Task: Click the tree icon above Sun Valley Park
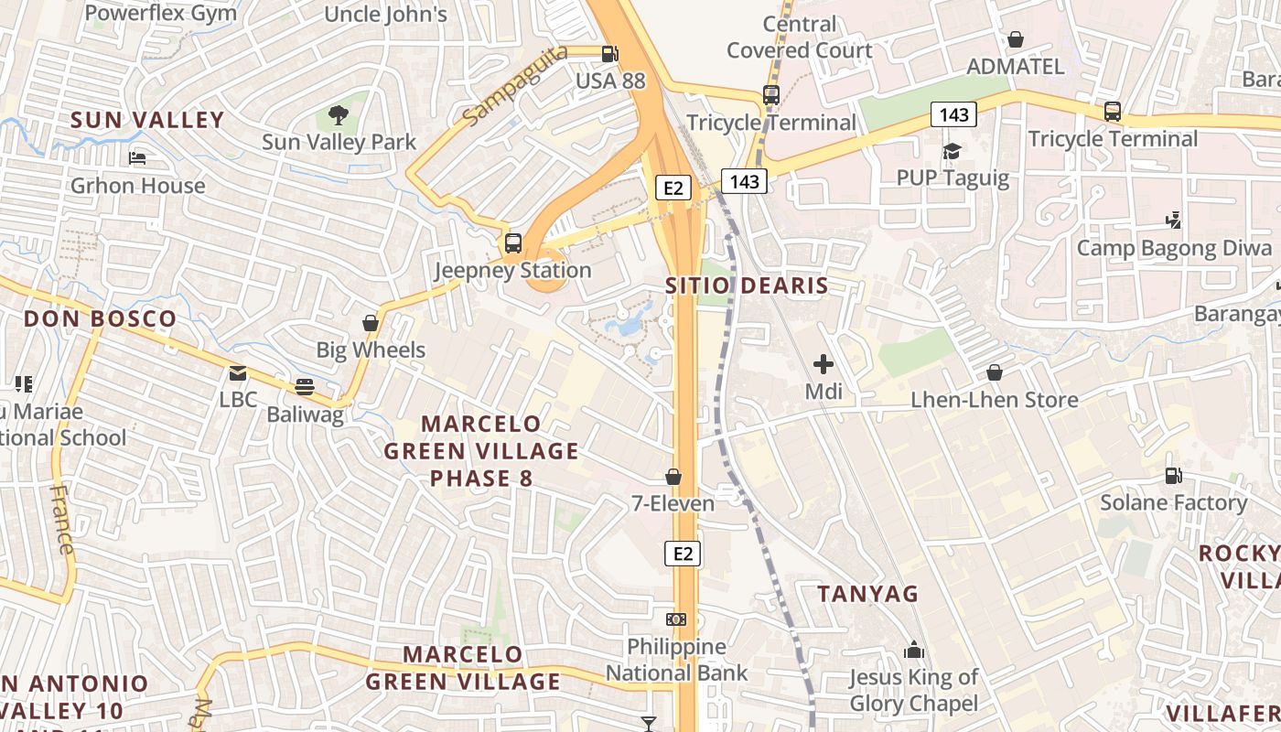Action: pyautogui.click(x=339, y=115)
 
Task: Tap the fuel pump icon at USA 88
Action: pyautogui.click(x=610, y=54)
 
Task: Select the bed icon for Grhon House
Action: pyautogui.click(x=137, y=159)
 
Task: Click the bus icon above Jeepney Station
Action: pyautogui.click(x=513, y=243)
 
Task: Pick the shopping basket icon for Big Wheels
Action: pyautogui.click(x=371, y=323)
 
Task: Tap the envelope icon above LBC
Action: pyautogui.click(x=238, y=373)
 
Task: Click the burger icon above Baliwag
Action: pyautogui.click(x=305, y=387)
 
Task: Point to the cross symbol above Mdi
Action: pyautogui.click(x=823, y=364)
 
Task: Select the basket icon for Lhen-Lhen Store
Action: pyautogui.click(x=995, y=372)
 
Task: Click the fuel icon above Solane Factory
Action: pyautogui.click(x=1173, y=475)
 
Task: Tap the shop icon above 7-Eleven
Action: pyautogui.click(x=673, y=477)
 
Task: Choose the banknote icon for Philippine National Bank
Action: pyautogui.click(x=676, y=619)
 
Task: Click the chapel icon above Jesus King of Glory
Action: pyautogui.click(x=913, y=651)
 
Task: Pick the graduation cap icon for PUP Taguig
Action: pyautogui.click(x=953, y=151)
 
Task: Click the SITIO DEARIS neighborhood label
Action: pyautogui.click(x=747, y=285)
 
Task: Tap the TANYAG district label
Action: pyautogui.click(x=867, y=594)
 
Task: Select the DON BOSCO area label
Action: pyautogui.click(x=100, y=319)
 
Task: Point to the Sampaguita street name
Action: pyautogui.click(x=515, y=86)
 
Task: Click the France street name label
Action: pyautogui.click(x=61, y=520)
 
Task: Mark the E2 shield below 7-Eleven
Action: pyautogui.click(x=683, y=554)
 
